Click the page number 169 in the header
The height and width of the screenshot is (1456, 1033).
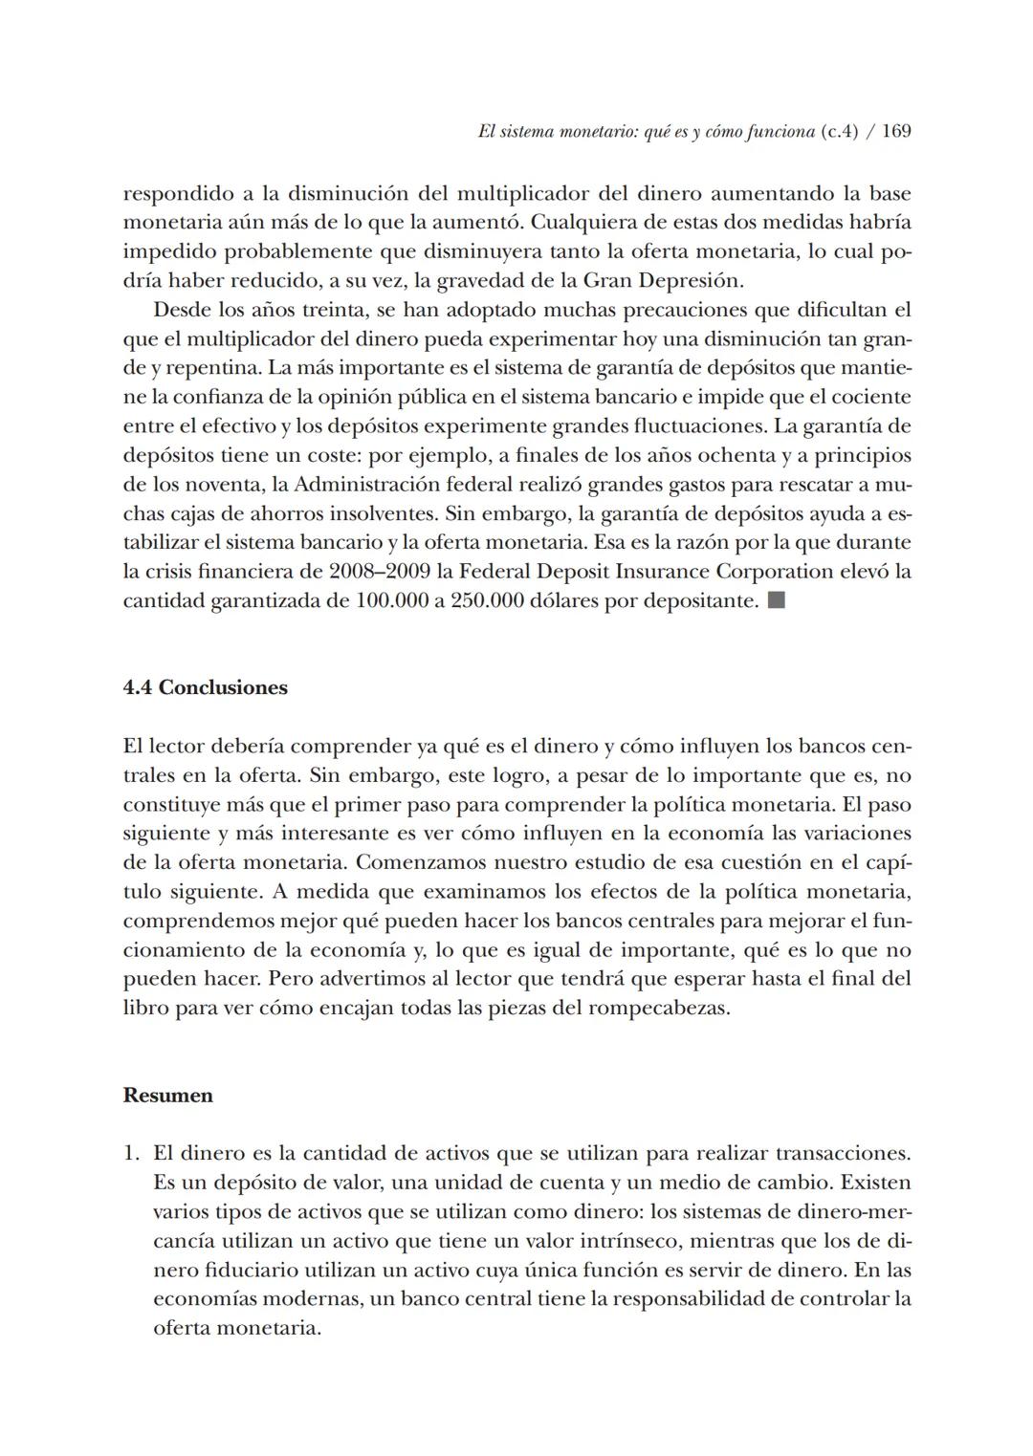pos(895,132)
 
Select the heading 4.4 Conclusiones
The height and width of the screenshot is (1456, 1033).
pos(205,687)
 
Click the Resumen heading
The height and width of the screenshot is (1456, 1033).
pos(167,1096)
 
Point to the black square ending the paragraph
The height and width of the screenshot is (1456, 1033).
pos(776,601)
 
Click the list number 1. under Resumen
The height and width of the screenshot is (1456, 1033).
pos(132,1154)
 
